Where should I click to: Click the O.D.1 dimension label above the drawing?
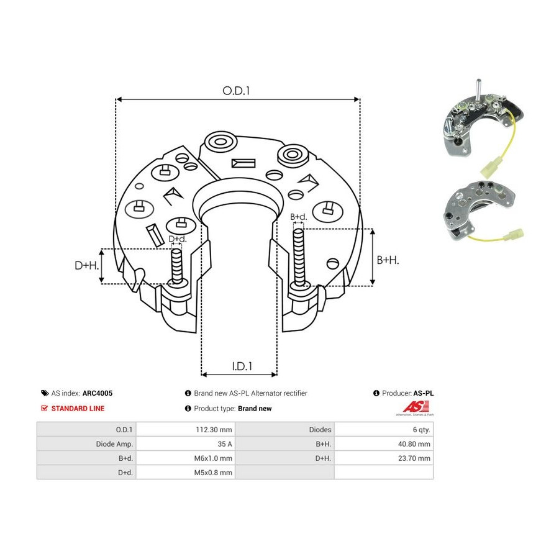coord(236,91)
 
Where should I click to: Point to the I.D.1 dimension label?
coord(242,366)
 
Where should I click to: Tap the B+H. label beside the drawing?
coord(388,260)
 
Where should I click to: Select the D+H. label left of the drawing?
coord(86,265)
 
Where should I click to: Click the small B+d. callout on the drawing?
coord(298,217)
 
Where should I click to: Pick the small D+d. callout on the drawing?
coord(178,239)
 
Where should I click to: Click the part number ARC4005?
coord(98,393)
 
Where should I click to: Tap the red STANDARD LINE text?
coord(78,409)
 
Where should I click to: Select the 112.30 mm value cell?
coord(214,430)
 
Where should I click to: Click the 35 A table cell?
coord(225,444)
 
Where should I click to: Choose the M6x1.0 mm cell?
coord(213,458)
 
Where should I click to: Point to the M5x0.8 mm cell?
coord(213,473)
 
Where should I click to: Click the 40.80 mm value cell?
coord(414,444)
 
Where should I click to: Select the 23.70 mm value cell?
coord(414,458)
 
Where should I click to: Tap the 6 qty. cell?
coord(421,430)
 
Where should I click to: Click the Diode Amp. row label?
coord(114,444)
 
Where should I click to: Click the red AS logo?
coord(416,407)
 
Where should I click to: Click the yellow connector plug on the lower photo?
coord(513,235)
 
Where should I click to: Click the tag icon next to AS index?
coord(45,393)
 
